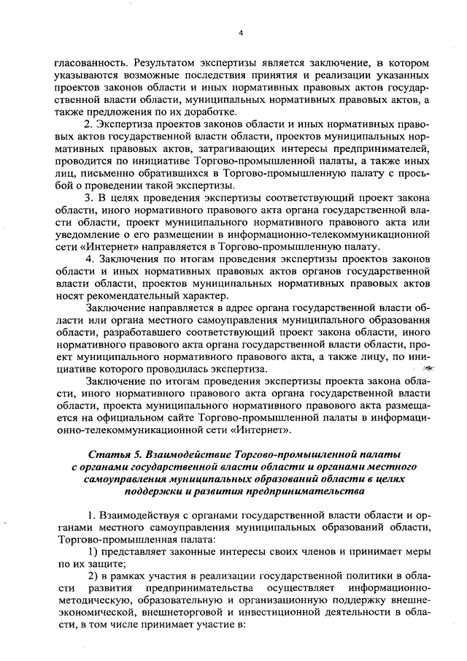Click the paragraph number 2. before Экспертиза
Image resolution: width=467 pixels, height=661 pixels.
91,125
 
